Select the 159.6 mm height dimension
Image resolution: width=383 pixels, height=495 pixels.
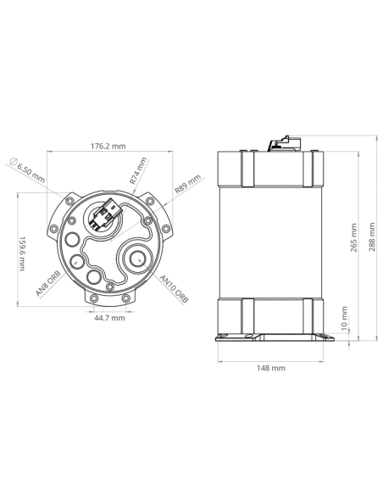point(24,253)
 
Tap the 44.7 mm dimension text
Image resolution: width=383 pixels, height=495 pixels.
point(108,318)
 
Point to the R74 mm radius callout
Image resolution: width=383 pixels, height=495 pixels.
point(137,170)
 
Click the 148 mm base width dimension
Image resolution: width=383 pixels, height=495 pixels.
point(272,369)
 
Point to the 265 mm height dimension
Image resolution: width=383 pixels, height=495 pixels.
point(353,240)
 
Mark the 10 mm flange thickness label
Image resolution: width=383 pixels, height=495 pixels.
point(343,326)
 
